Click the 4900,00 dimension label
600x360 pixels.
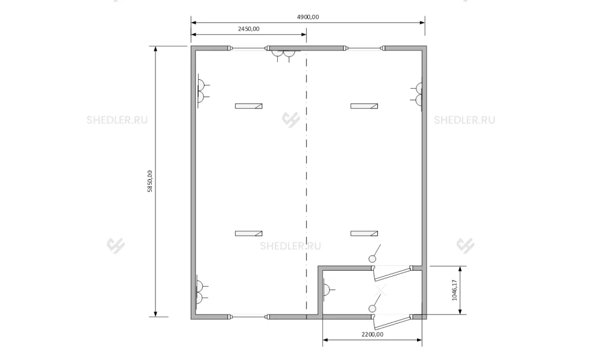[x=308, y=17]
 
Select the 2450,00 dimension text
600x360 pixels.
[x=249, y=29]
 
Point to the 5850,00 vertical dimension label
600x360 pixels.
[x=149, y=181]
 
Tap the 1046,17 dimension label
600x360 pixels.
[x=455, y=290]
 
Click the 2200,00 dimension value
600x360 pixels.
[x=373, y=334]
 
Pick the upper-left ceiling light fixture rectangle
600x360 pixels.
[x=249, y=106]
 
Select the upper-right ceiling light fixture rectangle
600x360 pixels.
[x=364, y=106]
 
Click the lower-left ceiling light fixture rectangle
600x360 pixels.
[x=249, y=233]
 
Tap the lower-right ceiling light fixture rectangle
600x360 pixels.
[x=364, y=233]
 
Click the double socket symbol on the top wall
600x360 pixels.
[x=284, y=55]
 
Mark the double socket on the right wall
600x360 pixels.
[x=417, y=94]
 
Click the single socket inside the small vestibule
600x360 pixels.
[x=328, y=290]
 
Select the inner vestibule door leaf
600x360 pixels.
[x=393, y=274]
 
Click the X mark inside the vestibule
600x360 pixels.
[x=381, y=290]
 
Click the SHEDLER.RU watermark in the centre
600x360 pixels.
[x=290, y=246]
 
